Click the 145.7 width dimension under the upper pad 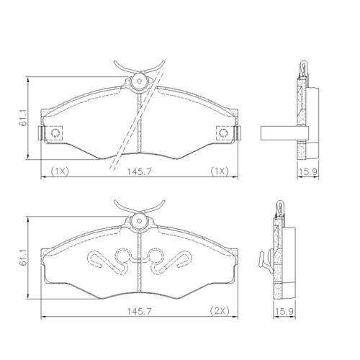(x=138, y=171)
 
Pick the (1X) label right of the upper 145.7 (x=219, y=171)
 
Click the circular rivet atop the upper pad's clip (x=138, y=82)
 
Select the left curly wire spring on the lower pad (x=108, y=259)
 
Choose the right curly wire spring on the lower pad (x=170, y=259)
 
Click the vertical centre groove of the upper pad (x=139, y=122)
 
